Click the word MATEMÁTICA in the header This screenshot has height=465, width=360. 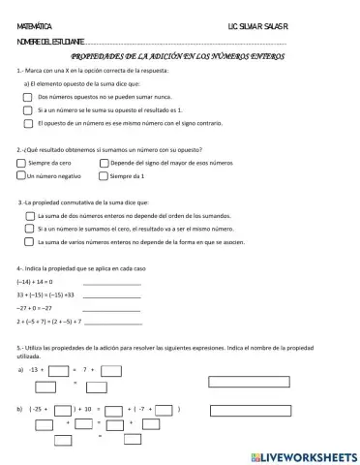coord(35,28)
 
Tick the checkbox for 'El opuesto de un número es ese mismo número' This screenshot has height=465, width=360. coord(29,123)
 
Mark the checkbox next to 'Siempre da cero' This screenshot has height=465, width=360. coord(21,164)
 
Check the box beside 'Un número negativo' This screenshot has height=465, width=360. coord(21,176)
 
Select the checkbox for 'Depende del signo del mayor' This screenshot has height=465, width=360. coord(105,164)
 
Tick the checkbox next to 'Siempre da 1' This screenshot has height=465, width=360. coord(105,176)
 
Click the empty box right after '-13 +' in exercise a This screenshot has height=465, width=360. coord(59,369)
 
